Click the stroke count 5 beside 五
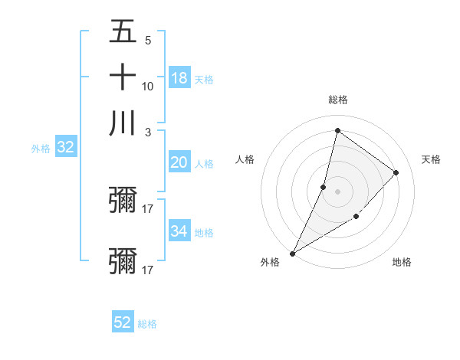tap(147, 40)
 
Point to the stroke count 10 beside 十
tap(148, 86)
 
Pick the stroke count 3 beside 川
tap(147, 132)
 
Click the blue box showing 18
tap(179, 78)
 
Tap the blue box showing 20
tap(179, 162)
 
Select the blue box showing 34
tap(179, 231)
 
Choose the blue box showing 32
tap(65, 148)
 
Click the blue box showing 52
tap(123, 322)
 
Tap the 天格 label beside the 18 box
tap(203, 79)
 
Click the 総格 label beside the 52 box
tap(147, 324)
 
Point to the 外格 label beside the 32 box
tap(41, 149)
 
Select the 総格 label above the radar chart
tap(337, 100)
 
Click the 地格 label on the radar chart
tap(402, 262)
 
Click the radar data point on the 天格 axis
tap(396, 172)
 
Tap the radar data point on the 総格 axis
tap(337, 131)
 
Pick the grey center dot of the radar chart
tap(337, 191)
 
